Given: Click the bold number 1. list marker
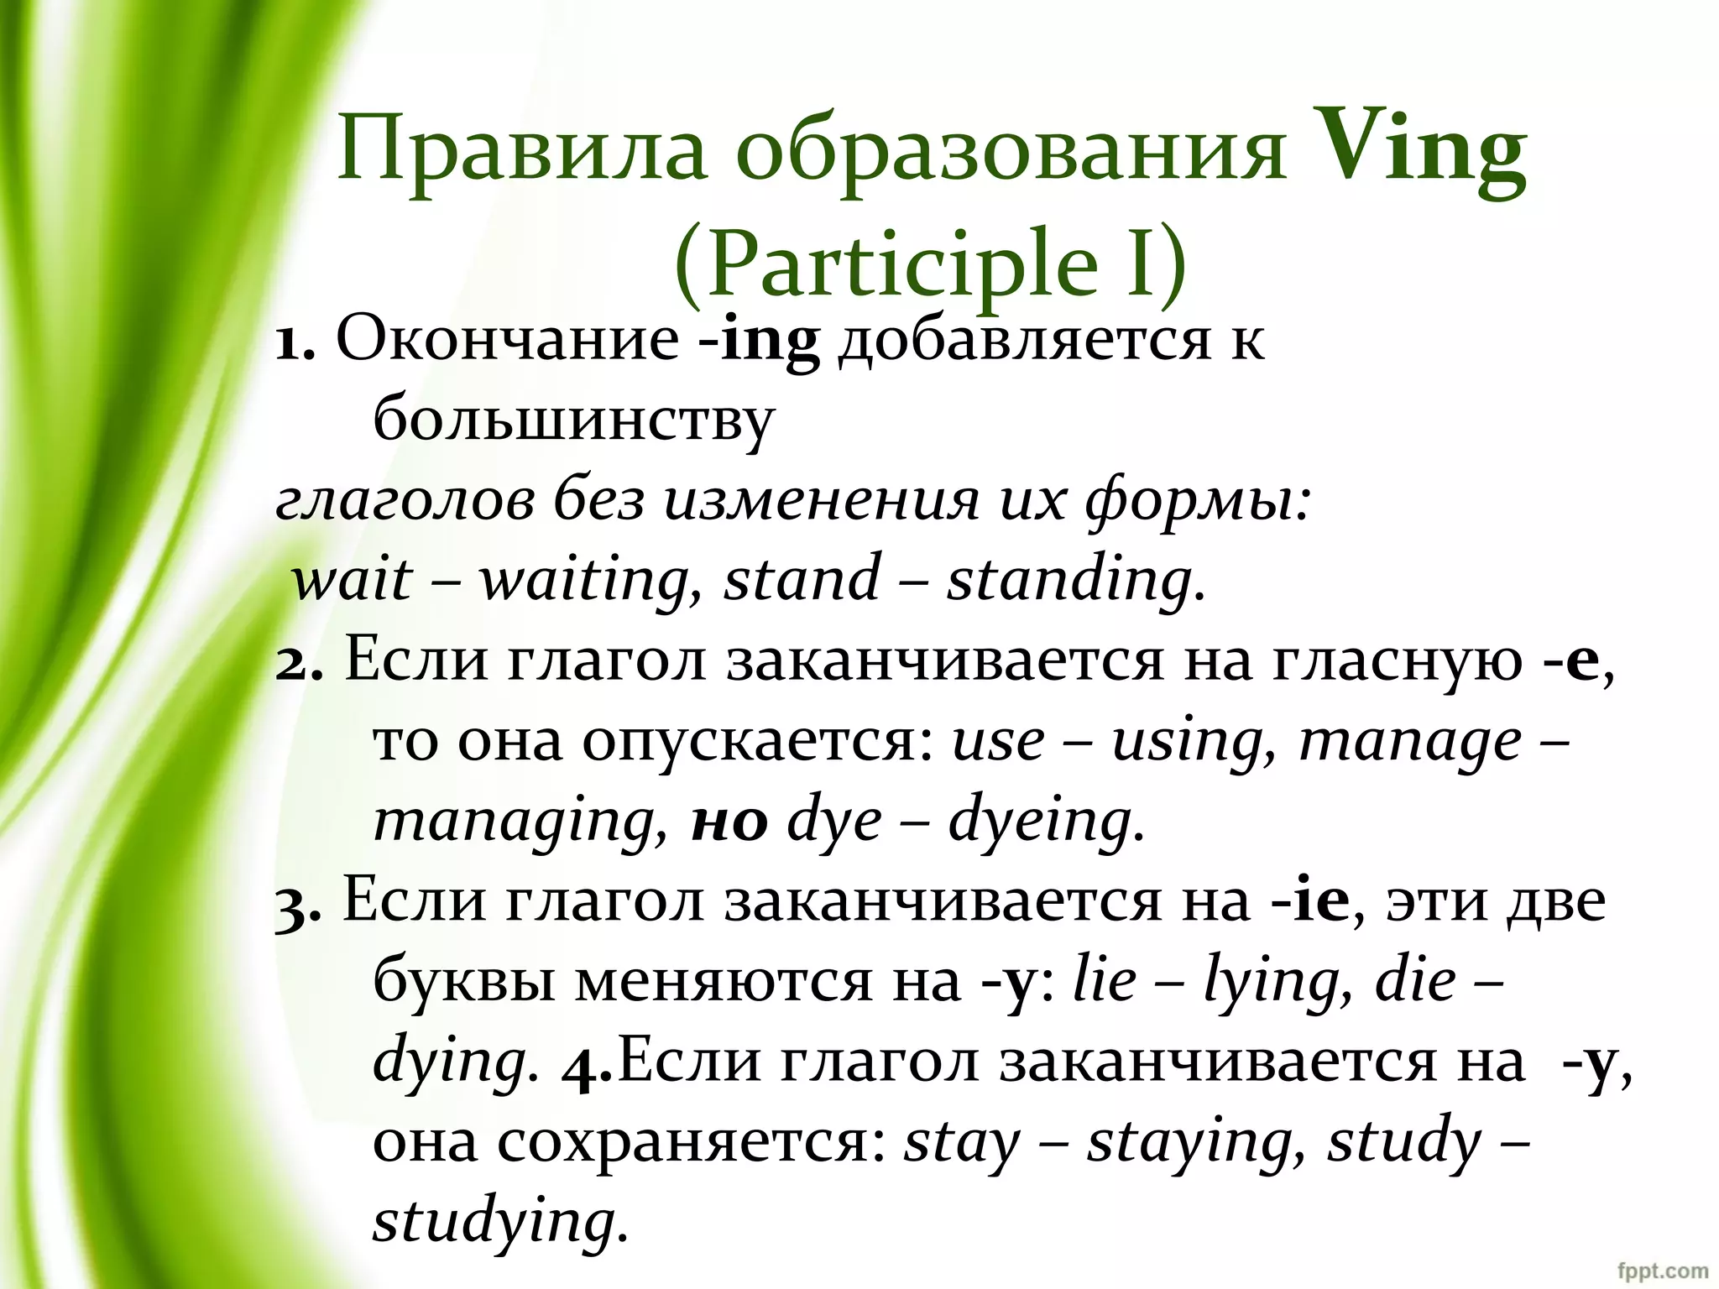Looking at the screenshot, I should tap(295, 342).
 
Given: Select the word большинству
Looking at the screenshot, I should tap(572, 420).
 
